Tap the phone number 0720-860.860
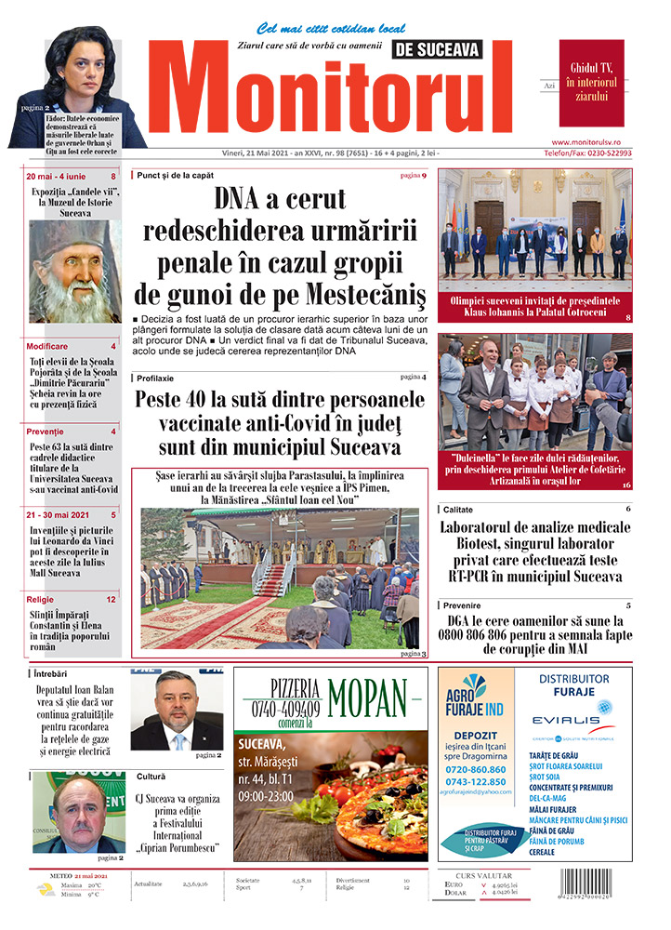476,770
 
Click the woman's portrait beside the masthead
88,79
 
